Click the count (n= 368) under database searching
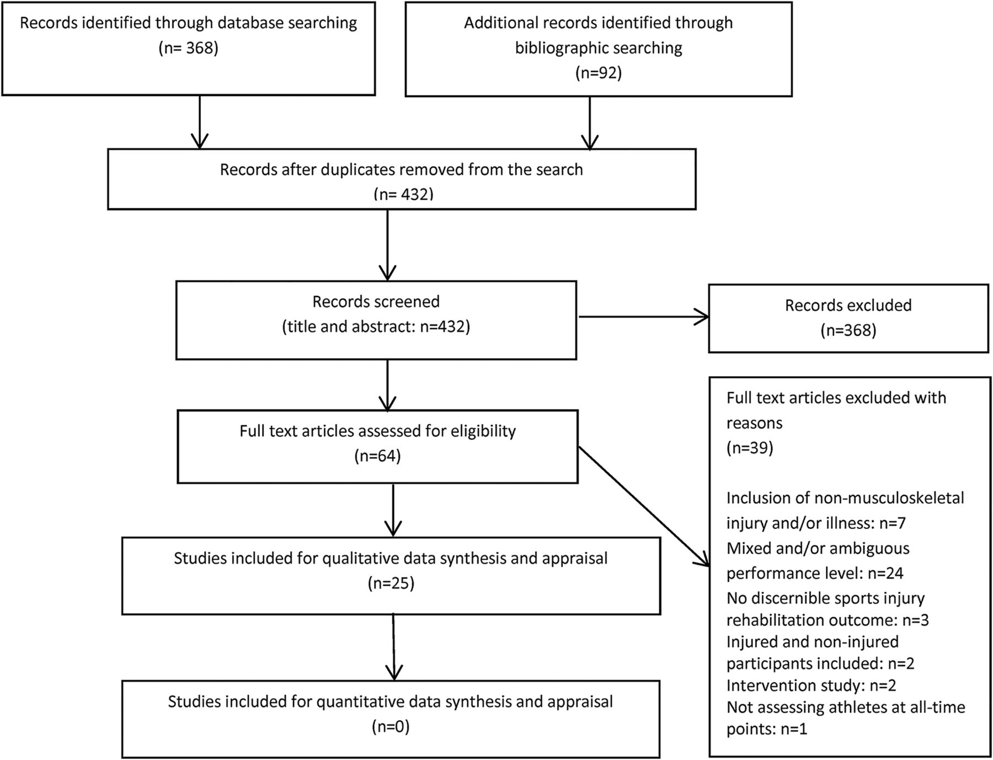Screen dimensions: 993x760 pyautogui.click(x=189, y=48)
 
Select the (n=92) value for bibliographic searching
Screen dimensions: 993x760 pyautogui.click(x=599, y=73)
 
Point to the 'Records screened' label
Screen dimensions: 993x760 pyautogui.click(x=376, y=302)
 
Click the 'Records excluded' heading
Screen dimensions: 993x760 pyautogui.click(x=848, y=305)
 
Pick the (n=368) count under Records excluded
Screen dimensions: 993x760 pyautogui.click(x=848, y=330)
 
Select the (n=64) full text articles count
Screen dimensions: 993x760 pyautogui.click(x=377, y=456)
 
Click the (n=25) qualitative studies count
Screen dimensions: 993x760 pyautogui.click(x=391, y=583)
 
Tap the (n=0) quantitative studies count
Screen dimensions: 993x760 pyautogui.click(x=391, y=726)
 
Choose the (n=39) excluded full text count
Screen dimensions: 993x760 pyautogui.click(x=750, y=447)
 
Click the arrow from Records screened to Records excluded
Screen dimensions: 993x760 pyautogui.click(x=643, y=317)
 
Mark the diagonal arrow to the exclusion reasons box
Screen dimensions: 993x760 pyautogui.click(x=644, y=506)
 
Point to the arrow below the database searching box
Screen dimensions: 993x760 pyautogui.click(x=199, y=122)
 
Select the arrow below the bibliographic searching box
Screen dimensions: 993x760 pyautogui.click(x=590, y=123)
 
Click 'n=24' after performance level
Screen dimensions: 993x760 pyautogui.click(x=885, y=574)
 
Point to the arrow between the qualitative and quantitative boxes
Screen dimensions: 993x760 pyautogui.click(x=393, y=647)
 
